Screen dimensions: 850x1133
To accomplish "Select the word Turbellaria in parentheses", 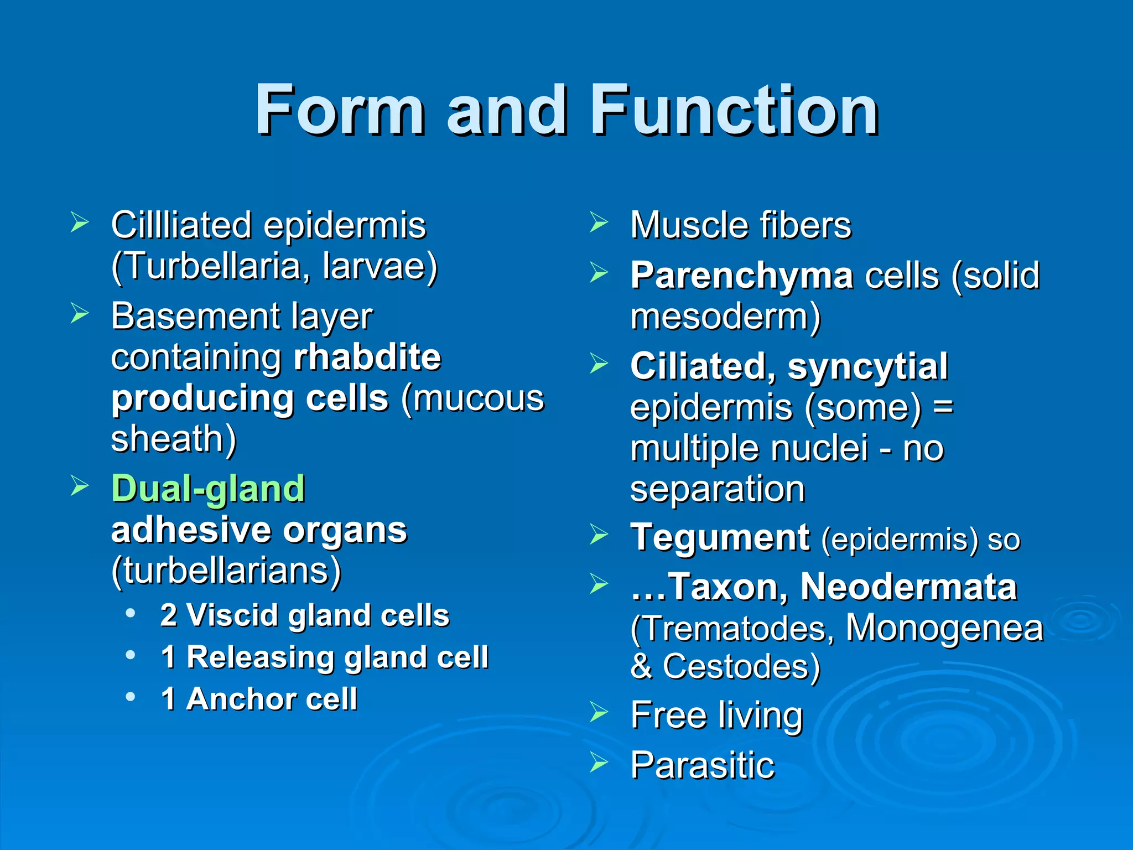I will (212, 267).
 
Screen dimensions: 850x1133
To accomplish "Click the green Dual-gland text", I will (208, 489).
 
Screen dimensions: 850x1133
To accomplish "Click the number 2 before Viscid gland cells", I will (168, 615).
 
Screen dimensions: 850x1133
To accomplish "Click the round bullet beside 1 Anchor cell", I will (131, 697).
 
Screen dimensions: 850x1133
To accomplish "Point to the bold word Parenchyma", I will (741, 276).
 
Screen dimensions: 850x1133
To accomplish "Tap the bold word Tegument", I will (720, 537).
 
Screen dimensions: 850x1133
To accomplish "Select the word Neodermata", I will (908, 587).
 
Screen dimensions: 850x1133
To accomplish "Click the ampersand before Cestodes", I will (641, 666).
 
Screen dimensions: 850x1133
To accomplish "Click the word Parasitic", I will (702, 765).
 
